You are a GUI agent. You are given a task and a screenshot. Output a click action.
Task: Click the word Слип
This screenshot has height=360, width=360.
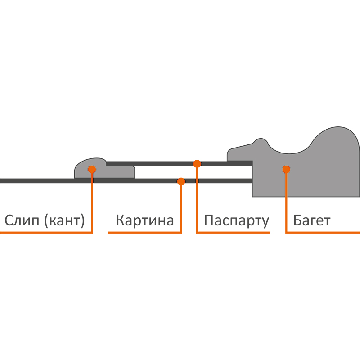[22, 220]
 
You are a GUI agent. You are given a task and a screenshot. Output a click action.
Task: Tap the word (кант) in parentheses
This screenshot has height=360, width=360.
[64, 221]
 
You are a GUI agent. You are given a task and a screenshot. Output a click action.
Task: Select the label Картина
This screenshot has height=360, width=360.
[145, 220]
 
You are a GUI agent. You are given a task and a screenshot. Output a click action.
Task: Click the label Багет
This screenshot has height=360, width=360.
[312, 220]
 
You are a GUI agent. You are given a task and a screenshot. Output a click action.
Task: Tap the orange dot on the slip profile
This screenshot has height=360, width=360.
[92, 170]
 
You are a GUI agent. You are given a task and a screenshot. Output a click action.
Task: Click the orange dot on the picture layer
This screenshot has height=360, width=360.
[181, 181]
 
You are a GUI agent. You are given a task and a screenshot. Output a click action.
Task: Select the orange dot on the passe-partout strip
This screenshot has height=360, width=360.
[197, 164]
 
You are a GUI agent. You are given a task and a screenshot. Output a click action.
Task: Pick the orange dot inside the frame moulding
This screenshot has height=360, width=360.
[286, 170]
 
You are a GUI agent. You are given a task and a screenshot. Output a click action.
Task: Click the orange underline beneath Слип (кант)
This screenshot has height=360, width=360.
[46, 233]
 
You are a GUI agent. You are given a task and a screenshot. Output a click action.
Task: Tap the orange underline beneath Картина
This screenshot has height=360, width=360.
[145, 233]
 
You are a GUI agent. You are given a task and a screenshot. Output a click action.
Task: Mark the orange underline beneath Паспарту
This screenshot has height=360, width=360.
[233, 233]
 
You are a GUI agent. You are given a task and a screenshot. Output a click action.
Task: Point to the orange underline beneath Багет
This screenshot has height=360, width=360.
[323, 233]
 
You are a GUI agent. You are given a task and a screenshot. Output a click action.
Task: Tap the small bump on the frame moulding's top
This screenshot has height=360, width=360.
[261, 141]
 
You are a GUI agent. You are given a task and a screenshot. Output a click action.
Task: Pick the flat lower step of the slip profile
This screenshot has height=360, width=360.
[120, 172]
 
